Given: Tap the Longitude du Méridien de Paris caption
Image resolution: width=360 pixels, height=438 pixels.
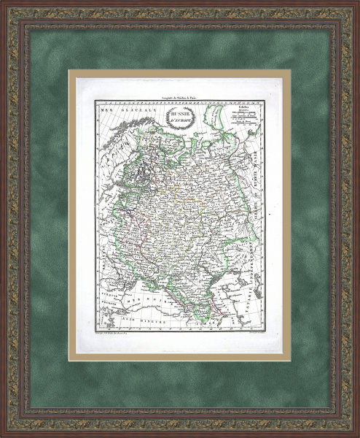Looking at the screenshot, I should [x=179, y=96].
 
